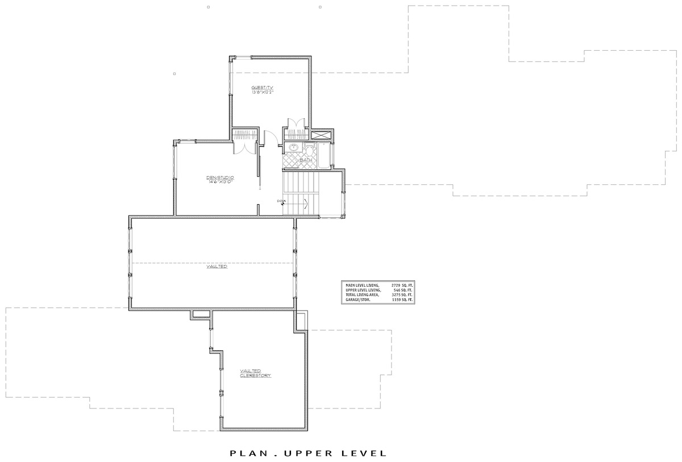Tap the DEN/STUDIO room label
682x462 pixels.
(220, 178)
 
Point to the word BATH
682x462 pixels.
(306, 160)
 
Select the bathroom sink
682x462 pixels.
(294, 148)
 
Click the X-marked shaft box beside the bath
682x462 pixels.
(322, 135)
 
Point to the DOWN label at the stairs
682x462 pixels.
(281, 201)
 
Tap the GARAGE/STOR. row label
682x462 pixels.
(357, 299)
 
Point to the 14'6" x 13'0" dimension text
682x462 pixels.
(219, 182)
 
